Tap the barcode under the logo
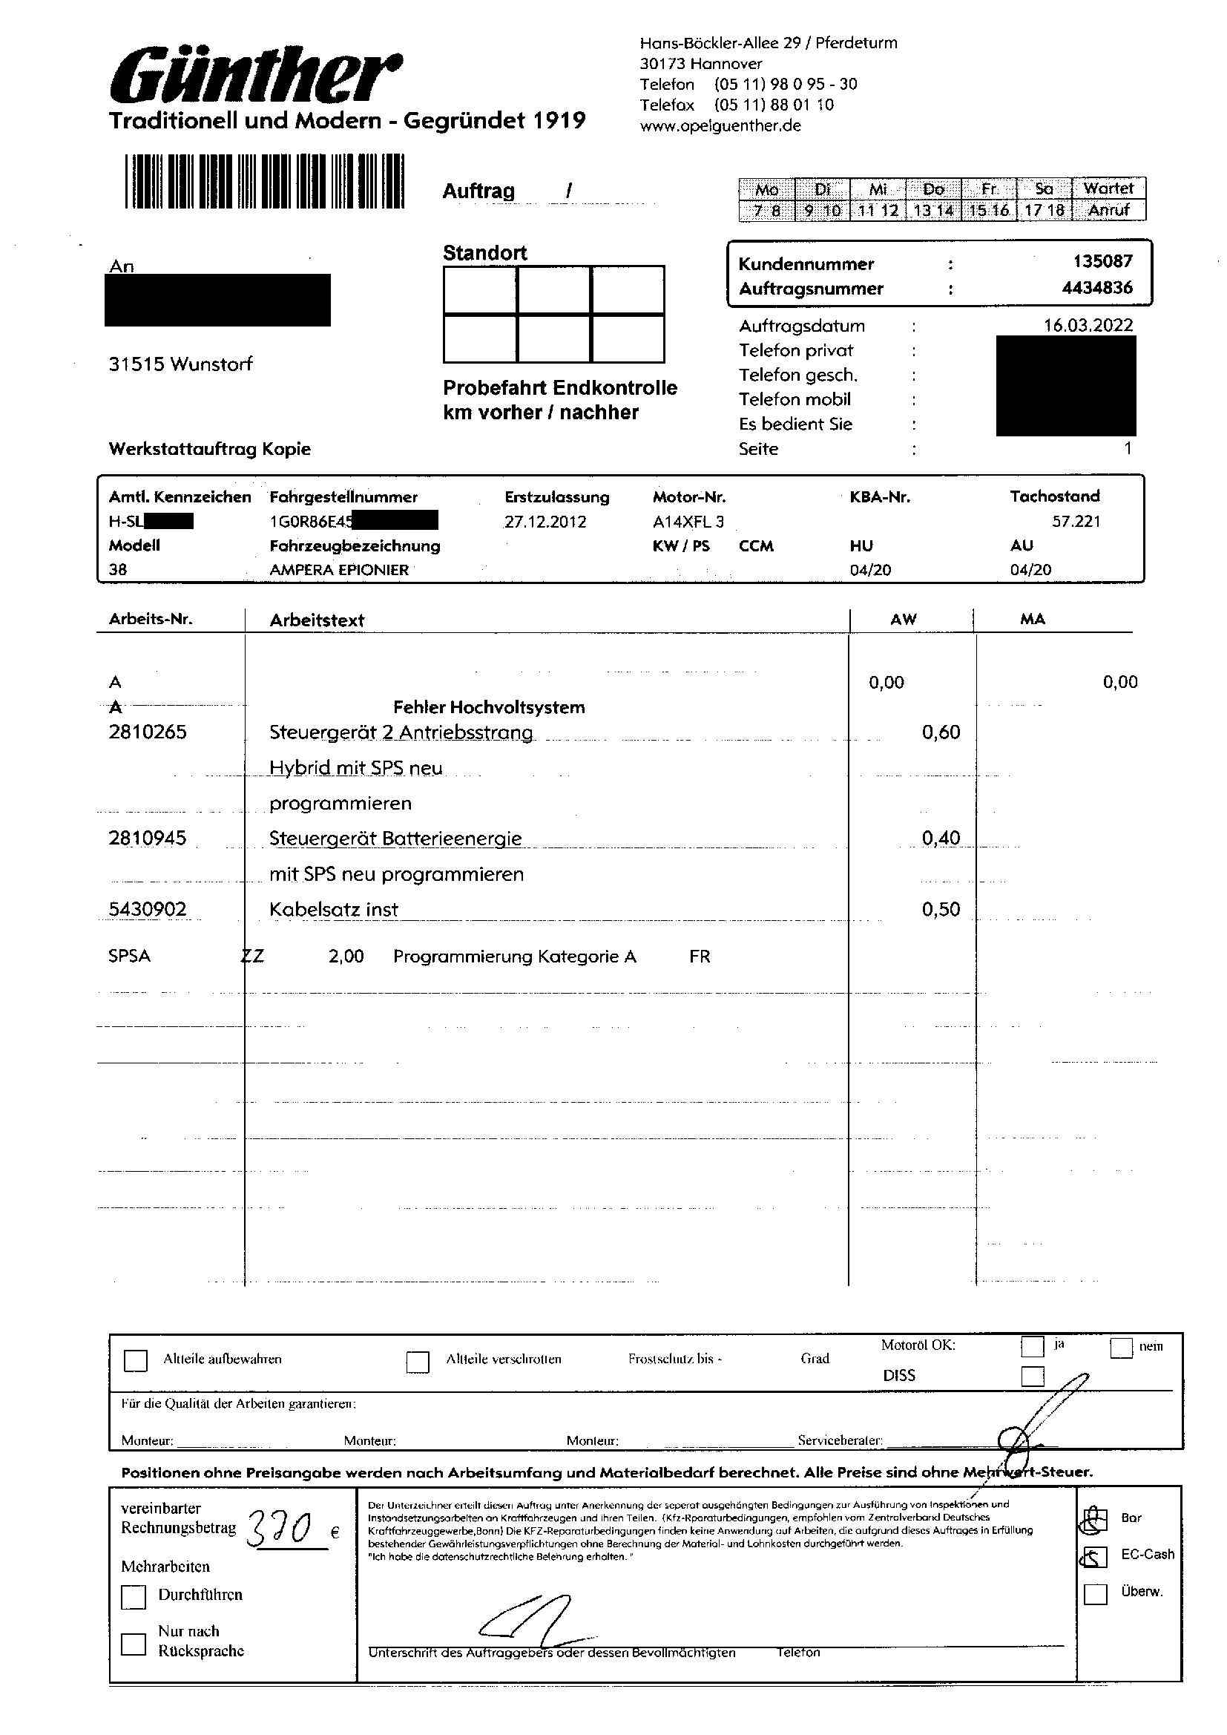pos(264,181)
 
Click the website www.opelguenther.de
pos(720,126)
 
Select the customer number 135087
pos(1102,261)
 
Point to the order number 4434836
pos(1097,288)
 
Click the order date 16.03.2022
pos(1088,326)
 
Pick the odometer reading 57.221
pos(1076,522)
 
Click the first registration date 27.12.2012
pos(545,522)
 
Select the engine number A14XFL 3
pos(688,522)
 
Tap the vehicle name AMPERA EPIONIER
pos(339,571)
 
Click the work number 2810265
pos(148,732)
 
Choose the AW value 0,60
pos(941,732)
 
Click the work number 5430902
pos(148,909)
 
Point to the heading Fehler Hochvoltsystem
pos(489,708)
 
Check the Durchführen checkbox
pos(134,1597)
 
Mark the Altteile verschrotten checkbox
pos(418,1362)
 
